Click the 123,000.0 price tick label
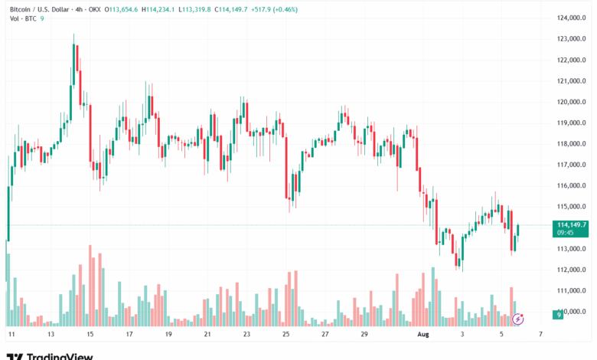click(x=573, y=39)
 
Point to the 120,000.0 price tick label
click(x=573, y=102)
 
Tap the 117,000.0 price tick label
click(x=573, y=165)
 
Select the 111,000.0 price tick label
click(x=573, y=290)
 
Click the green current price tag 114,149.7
click(x=573, y=224)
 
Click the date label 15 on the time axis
click(x=90, y=335)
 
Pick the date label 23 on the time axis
click(x=246, y=335)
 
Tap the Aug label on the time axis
click(x=422, y=335)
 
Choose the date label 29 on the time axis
click(x=364, y=335)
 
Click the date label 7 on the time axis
click(x=540, y=335)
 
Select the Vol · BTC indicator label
click(x=24, y=19)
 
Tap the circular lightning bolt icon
click(x=518, y=319)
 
